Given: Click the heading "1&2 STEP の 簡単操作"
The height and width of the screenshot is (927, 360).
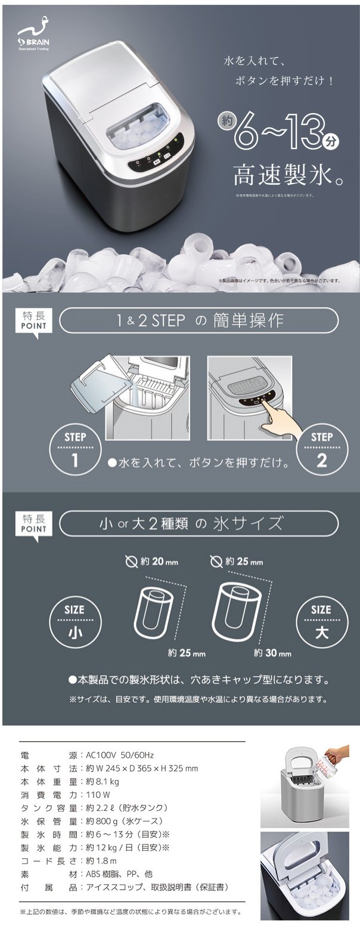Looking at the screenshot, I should point(200,322).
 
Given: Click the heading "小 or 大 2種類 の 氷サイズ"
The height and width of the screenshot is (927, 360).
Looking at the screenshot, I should point(200,524).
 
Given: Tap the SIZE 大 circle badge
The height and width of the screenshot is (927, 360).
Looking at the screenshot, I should point(321,621).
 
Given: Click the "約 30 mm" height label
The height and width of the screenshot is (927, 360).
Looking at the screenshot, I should point(272,652).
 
